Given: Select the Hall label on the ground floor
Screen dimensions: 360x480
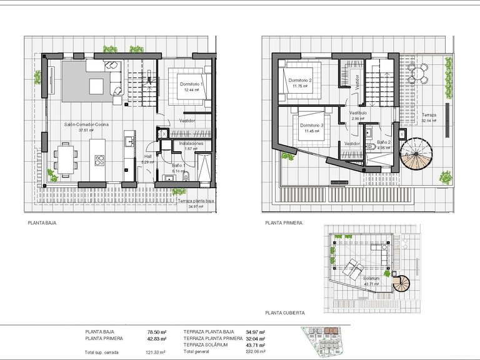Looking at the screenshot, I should (x=148, y=156).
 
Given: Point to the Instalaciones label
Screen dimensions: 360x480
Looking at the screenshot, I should (x=192, y=143).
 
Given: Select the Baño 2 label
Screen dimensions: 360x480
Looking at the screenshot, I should (x=384, y=143).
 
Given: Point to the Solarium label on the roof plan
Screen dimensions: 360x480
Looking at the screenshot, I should (x=370, y=279).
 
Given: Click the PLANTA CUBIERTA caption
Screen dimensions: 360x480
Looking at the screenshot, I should (x=284, y=311).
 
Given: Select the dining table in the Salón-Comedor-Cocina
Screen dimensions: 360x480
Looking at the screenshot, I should (x=64, y=156).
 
